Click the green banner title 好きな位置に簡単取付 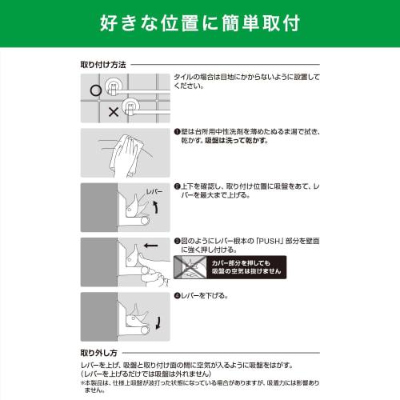200,22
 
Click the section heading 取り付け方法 103,63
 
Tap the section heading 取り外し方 99,351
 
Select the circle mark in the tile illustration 96,90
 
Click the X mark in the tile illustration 113,112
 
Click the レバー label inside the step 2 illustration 154,193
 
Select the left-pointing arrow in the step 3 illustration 150,246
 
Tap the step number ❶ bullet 177,130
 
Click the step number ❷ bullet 177,186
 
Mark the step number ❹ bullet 177,295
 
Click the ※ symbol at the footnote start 82,382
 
